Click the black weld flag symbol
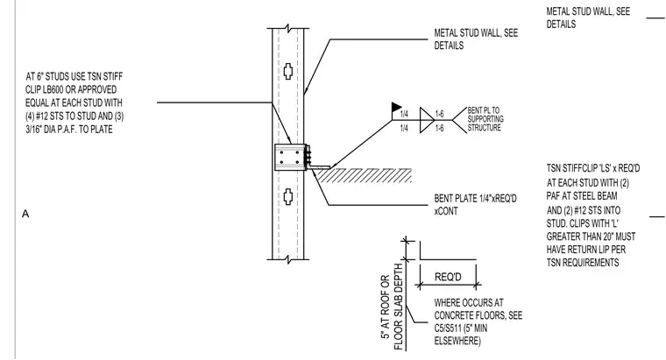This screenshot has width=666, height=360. [396, 107]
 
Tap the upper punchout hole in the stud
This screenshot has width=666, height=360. [288, 71]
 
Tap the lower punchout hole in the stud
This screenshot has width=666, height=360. [288, 196]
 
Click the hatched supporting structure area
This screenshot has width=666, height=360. [365, 175]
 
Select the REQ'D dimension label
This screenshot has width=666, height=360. [448, 277]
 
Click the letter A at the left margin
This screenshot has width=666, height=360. [25, 214]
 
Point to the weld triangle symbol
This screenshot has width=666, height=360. [427, 120]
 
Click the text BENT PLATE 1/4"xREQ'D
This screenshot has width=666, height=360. [475, 198]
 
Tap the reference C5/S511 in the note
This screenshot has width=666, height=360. [450, 328]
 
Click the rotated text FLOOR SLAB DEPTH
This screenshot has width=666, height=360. [399, 307]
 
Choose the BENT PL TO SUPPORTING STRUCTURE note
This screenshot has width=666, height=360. [485, 119]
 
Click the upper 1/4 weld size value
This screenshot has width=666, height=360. [404, 114]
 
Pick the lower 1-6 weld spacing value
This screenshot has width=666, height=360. [440, 128]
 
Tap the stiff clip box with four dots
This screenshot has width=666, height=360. [290, 157]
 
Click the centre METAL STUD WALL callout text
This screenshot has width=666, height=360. [476, 39]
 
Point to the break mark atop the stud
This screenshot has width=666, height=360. [288, 28]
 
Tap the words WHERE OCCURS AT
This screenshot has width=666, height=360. [469, 303]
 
